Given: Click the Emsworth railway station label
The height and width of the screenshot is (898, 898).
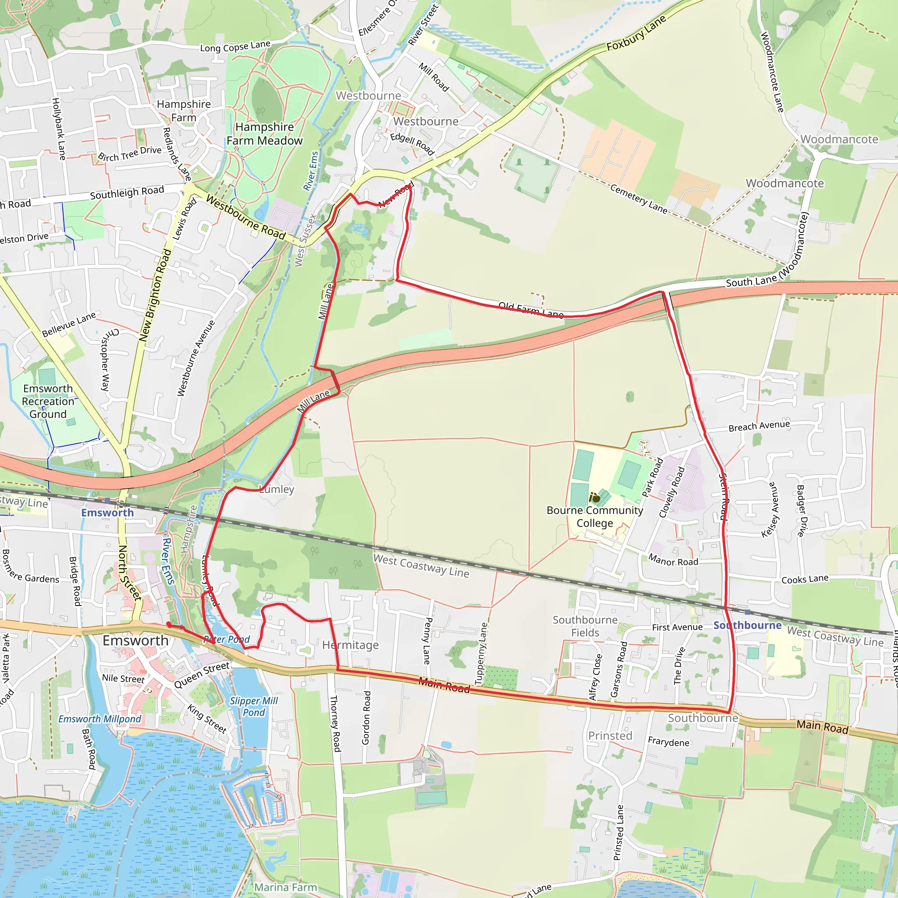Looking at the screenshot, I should [x=107, y=512].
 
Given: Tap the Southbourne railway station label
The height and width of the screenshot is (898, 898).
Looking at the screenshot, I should [x=748, y=625].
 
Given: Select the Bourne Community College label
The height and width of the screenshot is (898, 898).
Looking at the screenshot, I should [x=595, y=517].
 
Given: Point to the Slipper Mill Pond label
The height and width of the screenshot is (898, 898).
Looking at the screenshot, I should [x=254, y=706].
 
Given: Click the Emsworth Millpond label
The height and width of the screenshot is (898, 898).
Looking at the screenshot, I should [x=100, y=719].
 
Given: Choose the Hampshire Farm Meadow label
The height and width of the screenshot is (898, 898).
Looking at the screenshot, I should [x=264, y=133].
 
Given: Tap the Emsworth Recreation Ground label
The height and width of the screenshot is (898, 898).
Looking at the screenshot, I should [x=48, y=401].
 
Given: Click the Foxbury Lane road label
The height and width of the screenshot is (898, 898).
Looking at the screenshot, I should [x=636, y=32].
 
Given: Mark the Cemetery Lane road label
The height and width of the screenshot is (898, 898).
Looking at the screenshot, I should [x=638, y=199].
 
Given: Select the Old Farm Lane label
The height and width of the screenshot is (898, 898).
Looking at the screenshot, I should [x=531, y=310].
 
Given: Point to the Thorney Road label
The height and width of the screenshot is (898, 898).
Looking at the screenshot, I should [x=335, y=723].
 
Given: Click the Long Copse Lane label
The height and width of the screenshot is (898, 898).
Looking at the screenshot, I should [x=235, y=46].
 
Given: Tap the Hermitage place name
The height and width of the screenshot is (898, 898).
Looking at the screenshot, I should [x=350, y=645].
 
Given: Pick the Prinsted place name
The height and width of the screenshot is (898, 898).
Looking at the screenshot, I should [x=610, y=736].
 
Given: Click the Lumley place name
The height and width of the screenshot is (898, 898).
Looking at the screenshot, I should [x=277, y=489].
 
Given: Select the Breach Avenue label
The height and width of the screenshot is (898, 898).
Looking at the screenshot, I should [x=759, y=426].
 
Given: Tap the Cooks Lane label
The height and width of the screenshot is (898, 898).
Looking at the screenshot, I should [x=805, y=579].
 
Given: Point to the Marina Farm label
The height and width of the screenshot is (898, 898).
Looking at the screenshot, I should [x=285, y=887].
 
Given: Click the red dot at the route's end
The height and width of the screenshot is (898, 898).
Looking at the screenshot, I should [x=169, y=625].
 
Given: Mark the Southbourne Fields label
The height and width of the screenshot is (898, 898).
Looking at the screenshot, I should [x=585, y=626].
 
